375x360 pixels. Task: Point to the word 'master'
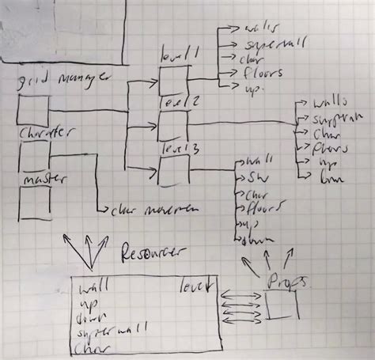click(40, 179)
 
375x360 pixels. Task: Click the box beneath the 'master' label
click(34, 202)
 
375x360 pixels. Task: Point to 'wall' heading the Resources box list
click(94, 286)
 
